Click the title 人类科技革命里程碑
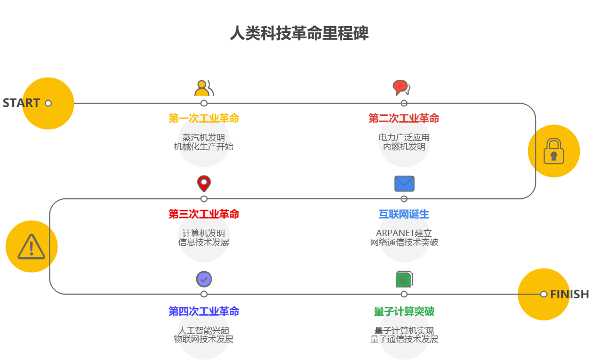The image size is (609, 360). click(x=299, y=34)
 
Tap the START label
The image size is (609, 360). click(x=21, y=103)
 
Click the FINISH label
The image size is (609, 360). click(x=569, y=294)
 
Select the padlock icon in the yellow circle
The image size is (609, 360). click(x=554, y=151)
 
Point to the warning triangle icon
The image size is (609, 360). click(x=31, y=246)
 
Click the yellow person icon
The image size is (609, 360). click(x=203, y=88)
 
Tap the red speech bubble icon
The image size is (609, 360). click(x=401, y=87)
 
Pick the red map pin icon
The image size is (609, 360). click(x=204, y=183)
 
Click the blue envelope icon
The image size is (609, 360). click(x=404, y=183)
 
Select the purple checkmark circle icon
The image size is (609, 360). click(x=204, y=279)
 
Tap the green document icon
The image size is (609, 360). click(x=404, y=279)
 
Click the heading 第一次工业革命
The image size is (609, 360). click(x=204, y=118)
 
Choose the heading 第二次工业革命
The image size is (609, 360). click(x=404, y=118)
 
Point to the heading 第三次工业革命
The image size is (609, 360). click(x=204, y=214)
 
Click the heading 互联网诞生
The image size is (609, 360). click(x=404, y=214)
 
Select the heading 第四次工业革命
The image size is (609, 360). click(x=204, y=311)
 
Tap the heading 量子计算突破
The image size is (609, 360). click(x=404, y=311)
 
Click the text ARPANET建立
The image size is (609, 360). click(x=404, y=233)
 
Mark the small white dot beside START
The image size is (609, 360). click(x=48, y=103)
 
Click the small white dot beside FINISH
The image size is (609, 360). click(x=544, y=294)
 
